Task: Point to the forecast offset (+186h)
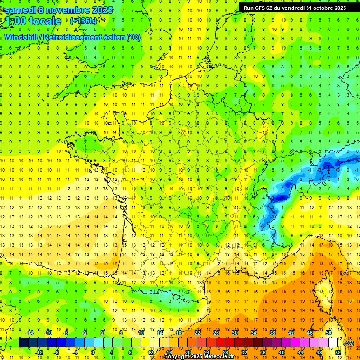(83, 21)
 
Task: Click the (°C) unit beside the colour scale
(349, 343)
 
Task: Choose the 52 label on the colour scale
(338, 352)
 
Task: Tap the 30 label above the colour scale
(235, 333)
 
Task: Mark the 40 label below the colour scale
(282, 352)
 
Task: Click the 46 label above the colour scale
(310, 333)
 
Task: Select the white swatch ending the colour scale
(333, 343)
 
